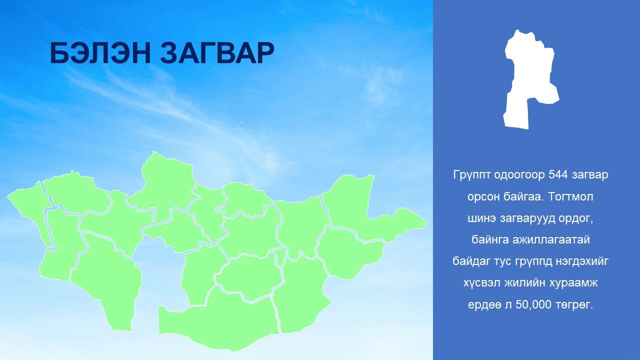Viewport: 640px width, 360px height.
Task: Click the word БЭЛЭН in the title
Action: point(100,53)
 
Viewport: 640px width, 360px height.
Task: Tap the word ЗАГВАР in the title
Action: point(217,53)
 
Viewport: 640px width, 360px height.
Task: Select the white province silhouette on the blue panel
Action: point(531,79)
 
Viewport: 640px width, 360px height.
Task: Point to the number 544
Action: point(557,174)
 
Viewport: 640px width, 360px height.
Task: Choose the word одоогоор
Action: point(519,175)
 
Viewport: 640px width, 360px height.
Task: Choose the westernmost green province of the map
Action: point(30,208)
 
